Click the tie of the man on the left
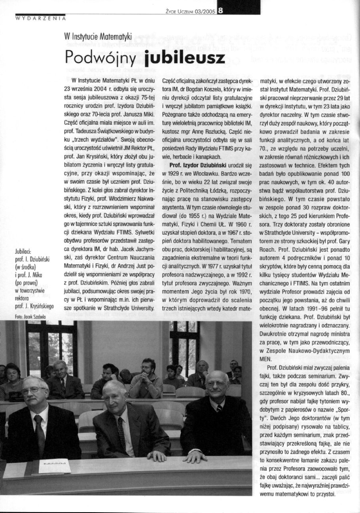(40, 435)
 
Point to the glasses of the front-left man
(34, 389)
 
